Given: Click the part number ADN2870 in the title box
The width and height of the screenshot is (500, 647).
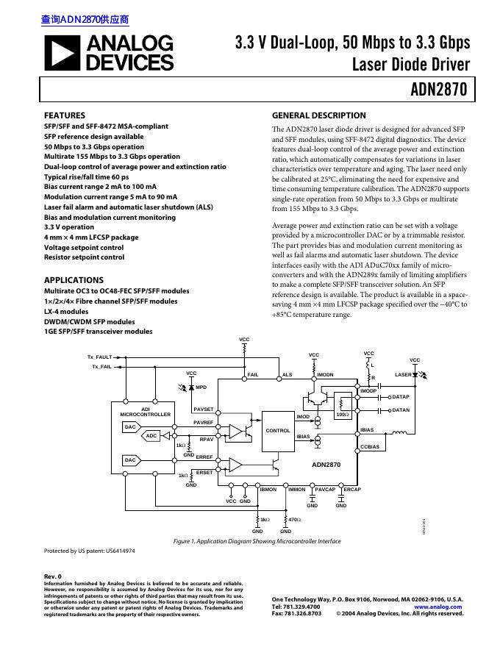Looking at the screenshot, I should click(x=438, y=90).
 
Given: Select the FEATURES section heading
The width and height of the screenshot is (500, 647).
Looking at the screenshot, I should click(x=65, y=115).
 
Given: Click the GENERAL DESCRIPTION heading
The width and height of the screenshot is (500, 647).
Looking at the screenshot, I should click(x=318, y=115).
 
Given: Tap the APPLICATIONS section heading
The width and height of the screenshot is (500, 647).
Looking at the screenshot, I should click(x=74, y=280).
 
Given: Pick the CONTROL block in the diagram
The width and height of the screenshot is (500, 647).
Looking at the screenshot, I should click(x=278, y=430).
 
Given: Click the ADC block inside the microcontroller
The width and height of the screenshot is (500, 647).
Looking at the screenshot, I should click(x=151, y=436).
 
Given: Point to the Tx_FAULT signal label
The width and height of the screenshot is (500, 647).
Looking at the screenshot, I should click(x=100, y=357).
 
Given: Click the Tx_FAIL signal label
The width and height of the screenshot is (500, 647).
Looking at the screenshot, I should click(x=102, y=366).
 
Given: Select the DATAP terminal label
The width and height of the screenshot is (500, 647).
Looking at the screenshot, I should click(x=401, y=397).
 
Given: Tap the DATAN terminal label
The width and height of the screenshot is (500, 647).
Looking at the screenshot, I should click(x=401, y=410).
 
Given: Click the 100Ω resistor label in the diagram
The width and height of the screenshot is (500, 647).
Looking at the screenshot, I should click(x=342, y=415).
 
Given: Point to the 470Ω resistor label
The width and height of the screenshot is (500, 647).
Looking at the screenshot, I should click(x=294, y=519).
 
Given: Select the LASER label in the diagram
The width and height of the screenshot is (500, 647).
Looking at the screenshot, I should click(x=403, y=375).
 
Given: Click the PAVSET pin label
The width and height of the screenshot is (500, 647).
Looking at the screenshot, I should click(x=204, y=409).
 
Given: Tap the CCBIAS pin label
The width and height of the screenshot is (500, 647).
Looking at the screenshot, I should click(x=369, y=446).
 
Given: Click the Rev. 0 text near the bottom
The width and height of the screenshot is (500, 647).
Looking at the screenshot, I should click(x=53, y=576).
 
